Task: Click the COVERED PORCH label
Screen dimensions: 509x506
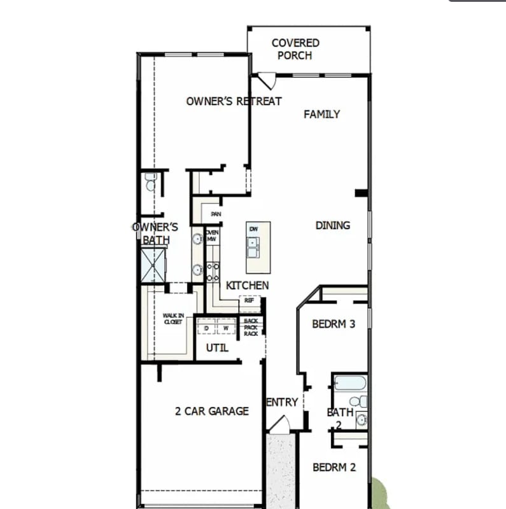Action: click(295, 49)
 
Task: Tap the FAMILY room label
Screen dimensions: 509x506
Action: click(321, 115)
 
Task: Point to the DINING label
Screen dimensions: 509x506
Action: click(332, 225)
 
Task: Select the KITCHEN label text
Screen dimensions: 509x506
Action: click(247, 286)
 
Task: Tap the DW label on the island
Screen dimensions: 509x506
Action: click(253, 228)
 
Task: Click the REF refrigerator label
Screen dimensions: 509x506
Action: click(249, 300)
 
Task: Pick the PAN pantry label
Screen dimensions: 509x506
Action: click(216, 214)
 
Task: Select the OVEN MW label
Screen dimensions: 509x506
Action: click(212, 236)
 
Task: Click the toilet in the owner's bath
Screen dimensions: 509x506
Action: click(150, 183)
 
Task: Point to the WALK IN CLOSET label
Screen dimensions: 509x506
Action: click(172, 318)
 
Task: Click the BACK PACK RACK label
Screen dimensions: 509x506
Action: click(251, 327)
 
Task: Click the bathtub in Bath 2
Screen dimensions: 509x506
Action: click(349, 383)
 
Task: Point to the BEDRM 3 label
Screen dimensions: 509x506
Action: click(334, 324)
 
